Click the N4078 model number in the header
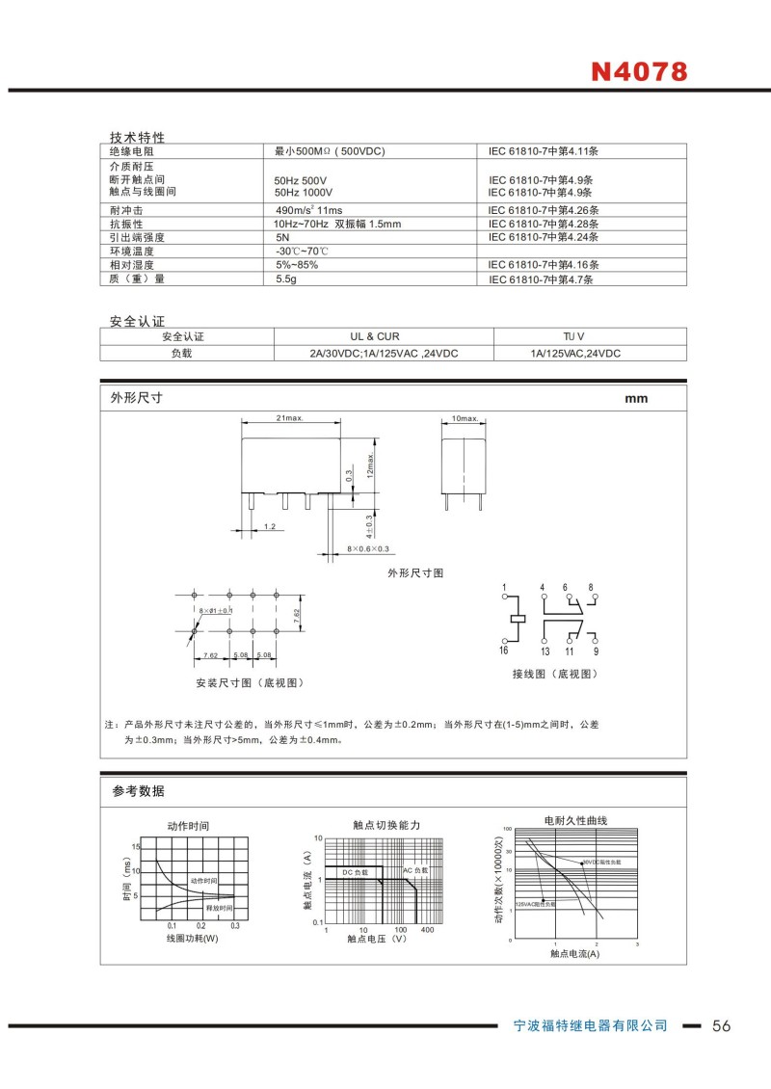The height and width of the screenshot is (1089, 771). [638, 72]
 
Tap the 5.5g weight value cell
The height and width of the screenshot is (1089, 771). [285, 279]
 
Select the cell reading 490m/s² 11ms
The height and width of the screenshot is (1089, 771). [309, 210]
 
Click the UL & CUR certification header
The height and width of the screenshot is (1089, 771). [374, 336]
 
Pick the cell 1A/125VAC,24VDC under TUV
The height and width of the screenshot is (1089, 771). [575, 354]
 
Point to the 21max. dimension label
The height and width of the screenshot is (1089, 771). [290, 418]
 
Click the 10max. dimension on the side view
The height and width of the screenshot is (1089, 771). [465, 418]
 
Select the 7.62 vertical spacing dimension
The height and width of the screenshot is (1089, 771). [298, 613]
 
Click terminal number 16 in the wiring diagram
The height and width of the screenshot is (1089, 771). [503, 651]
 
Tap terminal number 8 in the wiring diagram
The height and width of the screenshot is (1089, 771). [591, 587]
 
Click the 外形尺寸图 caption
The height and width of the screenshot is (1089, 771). [415, 572]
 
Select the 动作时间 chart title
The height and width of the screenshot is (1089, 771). [188, 826]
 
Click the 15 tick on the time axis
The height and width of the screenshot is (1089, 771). [136, 846]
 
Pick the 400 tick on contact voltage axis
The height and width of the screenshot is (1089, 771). [427, 930]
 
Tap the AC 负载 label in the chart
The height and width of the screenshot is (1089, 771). [415, 870]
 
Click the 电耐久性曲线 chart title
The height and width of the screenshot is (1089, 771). [575, 820]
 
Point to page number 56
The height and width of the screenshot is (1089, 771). [722, 1025]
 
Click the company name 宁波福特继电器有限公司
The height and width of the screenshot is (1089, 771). [589, 1025]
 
